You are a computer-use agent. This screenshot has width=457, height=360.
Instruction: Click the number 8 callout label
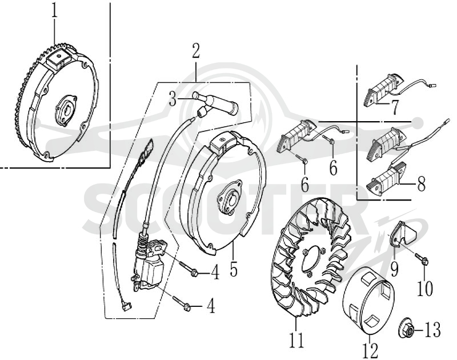pos(421,183)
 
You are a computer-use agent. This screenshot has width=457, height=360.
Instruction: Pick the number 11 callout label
pos(296,339)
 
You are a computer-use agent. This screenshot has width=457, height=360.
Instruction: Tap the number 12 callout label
pos(371,350)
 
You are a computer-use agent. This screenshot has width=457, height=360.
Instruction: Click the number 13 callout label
pos(432,330)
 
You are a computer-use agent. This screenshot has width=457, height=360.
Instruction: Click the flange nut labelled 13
pos(406,330)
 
